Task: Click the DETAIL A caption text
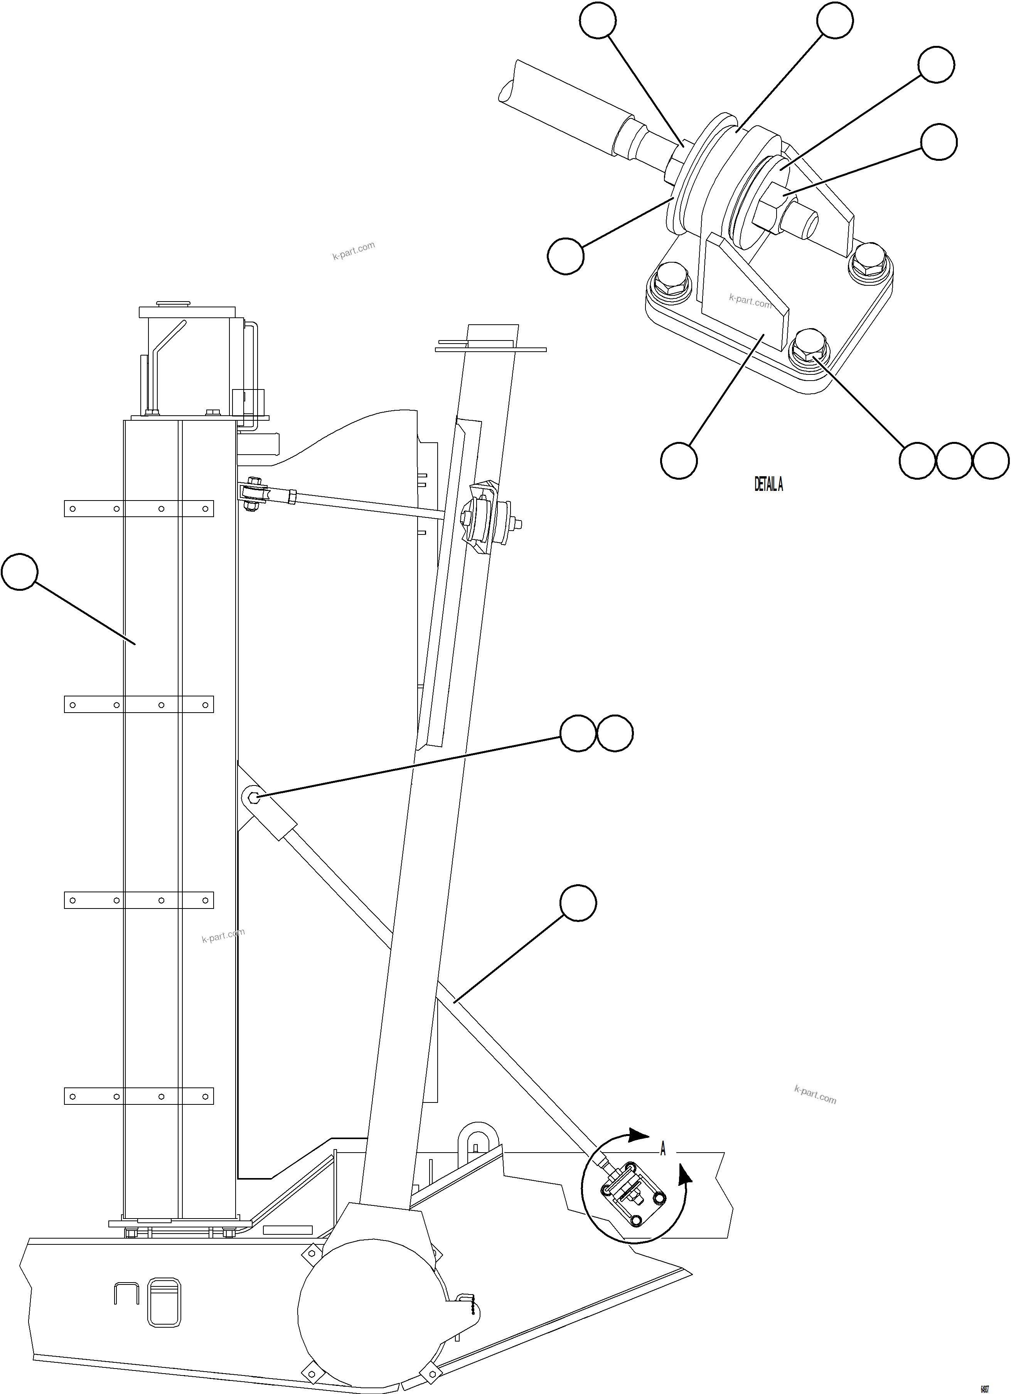coord(768,485)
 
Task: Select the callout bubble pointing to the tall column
coord(20,571)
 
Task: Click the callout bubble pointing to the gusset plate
coord(679,459)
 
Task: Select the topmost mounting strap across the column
coord(139,508)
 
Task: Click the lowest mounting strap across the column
coord(139,1096)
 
